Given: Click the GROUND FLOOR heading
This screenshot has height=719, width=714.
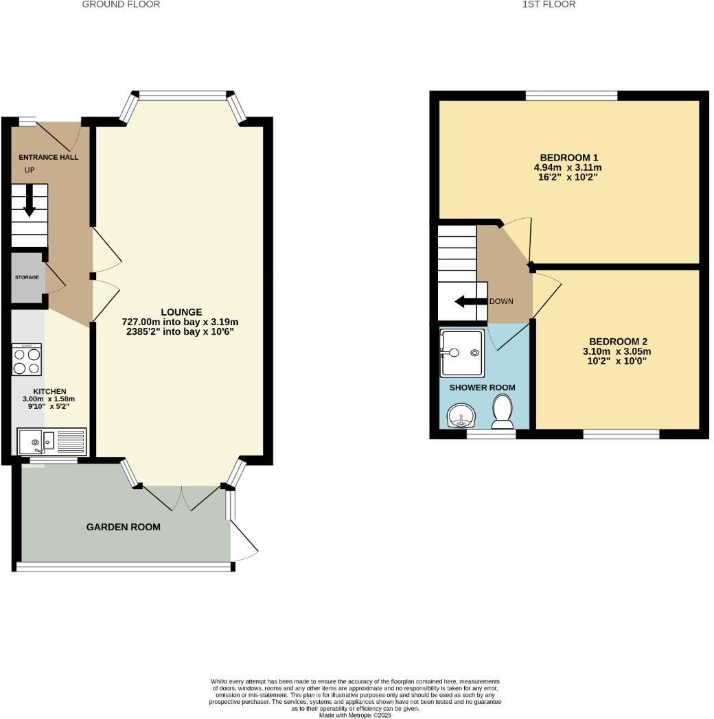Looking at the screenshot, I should (121, 4).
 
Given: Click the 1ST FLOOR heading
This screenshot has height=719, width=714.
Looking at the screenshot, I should (549, 4).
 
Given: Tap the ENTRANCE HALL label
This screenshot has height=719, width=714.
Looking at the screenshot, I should (48, 157).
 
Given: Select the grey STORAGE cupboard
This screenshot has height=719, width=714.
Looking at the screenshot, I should (27, 277).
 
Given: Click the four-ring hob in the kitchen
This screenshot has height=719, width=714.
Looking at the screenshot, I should (27, 359).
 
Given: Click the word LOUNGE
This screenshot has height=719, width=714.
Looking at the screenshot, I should (181, 312).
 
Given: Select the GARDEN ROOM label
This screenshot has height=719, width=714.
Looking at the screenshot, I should (124, 527).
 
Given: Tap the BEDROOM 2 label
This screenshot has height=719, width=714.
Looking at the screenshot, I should (618, 342).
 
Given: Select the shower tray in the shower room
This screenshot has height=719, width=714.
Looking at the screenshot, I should (462, 353).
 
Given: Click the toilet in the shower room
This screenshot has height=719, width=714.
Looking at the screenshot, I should (503, 414).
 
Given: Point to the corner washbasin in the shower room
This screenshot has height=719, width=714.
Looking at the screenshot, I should (458, 416).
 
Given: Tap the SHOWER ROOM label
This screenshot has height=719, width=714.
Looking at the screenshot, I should (482, 388).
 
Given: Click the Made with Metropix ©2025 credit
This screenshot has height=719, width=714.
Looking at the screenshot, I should (356, 715).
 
